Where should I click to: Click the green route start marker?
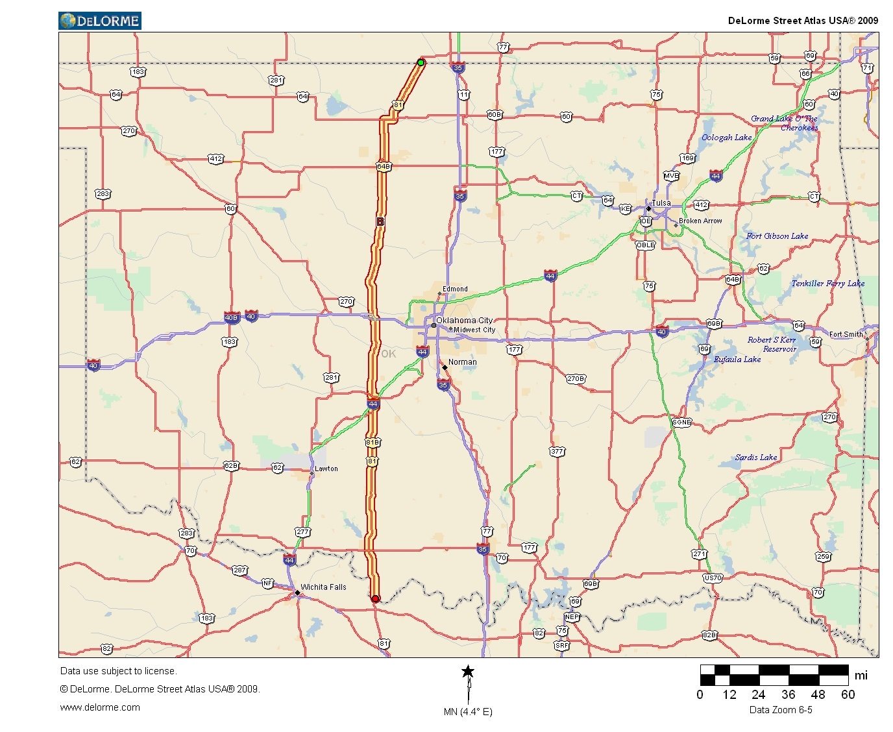(x=421, y=62)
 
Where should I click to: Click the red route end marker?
(x=375, y=598)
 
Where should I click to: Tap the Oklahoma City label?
(x=464, y=320)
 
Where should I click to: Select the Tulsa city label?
(x=661, y=203)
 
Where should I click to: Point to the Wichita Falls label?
(x=323, y=587)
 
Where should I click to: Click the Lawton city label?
(x=326, y=469)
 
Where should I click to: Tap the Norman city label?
(x=462, y=362)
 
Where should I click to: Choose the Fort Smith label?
(x=846, y=334)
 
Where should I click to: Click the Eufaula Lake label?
(x=737, y=360)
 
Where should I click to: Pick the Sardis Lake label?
(x=756, y=457)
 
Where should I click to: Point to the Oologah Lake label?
(x=726, y=138)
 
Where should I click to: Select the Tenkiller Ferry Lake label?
(x=827, y=284)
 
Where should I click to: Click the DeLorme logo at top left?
(x=100, y=21)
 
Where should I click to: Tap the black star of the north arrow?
(x=468, y=672)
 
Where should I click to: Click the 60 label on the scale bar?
(x=848, y=694)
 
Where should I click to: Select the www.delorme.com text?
(x=100, y=707)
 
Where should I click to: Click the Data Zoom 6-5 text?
(x=781, y=710)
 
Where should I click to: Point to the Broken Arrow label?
(x=700, y=221)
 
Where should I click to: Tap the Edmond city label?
(x=455, y=289)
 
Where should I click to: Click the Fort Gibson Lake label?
(x=777, y=236)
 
